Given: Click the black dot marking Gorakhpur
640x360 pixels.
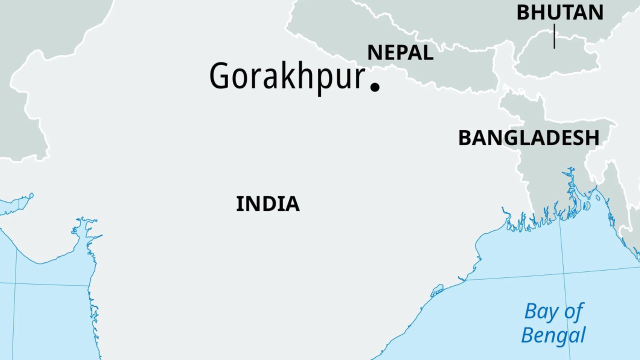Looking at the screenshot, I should coord(374,86).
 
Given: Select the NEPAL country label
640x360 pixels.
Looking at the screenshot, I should coord(400,52).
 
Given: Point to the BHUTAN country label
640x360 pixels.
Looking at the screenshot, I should coord(559,12).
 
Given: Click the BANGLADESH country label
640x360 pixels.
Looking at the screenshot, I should coord(528,138).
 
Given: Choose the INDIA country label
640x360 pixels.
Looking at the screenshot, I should coord(267,204).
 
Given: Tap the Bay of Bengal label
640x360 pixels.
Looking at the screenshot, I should coord(553,323).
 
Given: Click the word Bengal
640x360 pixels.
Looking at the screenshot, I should coord(553,335).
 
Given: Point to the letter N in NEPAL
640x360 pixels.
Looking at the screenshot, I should coord(374,52).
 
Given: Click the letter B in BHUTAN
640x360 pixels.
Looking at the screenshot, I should coord(522,12).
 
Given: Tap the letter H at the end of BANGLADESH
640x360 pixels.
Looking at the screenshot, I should coord(593,138).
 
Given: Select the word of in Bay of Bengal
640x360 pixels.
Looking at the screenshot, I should coord(573,311).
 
